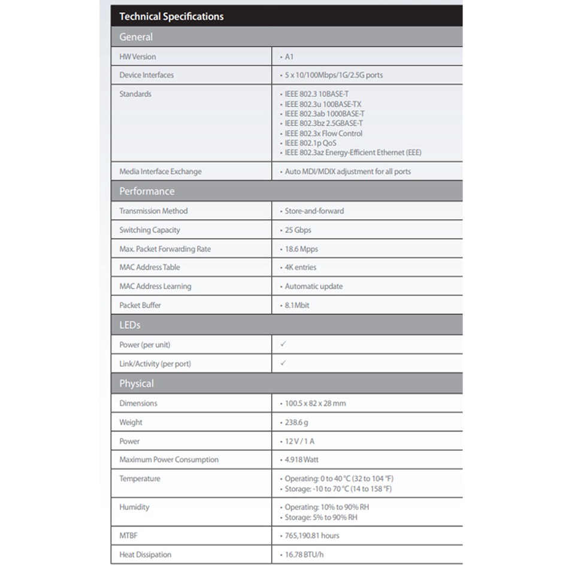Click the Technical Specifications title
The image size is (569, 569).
point(171,16)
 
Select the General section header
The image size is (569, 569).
point(136,37)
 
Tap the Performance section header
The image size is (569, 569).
point(147,191)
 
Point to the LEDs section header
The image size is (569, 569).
point(130,325)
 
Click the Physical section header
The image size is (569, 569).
point(137,383)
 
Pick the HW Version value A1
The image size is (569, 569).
point(289,57)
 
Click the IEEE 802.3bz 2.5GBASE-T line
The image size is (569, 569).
point(323,123)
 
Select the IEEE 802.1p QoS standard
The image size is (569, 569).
point(310,143)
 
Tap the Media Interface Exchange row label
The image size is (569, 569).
point(161,171)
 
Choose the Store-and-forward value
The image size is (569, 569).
point(314,211)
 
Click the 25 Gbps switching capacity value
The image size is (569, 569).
point(298,230)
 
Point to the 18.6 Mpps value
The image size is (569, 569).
point(301,249)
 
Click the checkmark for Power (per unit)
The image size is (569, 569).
point(283,344)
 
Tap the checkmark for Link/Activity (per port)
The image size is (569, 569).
point(283,363)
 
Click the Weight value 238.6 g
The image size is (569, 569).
point(296,422)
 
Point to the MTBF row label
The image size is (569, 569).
point(129,535)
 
